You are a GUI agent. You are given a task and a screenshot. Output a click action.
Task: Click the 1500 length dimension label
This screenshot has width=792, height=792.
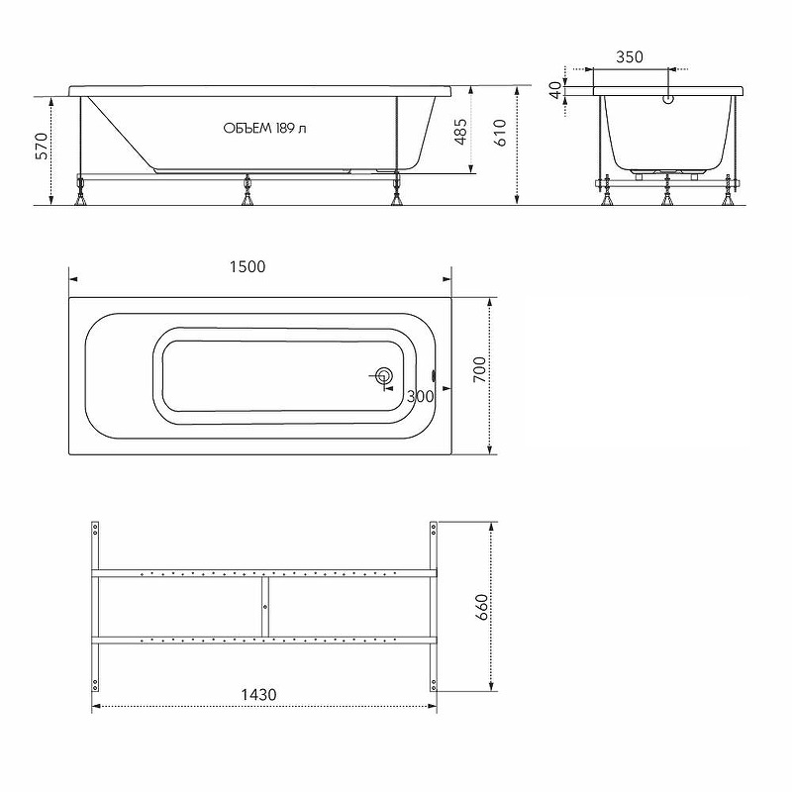click(247, 266)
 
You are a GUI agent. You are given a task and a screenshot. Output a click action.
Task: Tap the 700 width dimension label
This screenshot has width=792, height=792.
click(480, 369)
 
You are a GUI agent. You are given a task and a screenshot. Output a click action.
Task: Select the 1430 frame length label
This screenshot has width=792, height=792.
click(258, 695)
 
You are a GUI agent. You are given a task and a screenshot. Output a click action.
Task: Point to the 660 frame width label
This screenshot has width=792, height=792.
click(482, 607)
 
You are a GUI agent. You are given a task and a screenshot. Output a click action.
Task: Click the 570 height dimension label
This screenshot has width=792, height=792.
click(42, 146)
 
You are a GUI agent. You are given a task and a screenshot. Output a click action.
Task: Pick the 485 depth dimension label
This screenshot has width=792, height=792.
click(460, 132)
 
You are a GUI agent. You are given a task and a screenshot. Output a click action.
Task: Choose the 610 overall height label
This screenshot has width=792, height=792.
click(500, 133)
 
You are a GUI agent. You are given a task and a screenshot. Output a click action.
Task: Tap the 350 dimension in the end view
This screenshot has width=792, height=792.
click(630, 57)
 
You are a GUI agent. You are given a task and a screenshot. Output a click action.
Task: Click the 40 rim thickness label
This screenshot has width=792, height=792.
click(555, 90)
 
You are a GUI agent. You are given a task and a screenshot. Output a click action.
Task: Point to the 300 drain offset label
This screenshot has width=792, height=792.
click(420, 397)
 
